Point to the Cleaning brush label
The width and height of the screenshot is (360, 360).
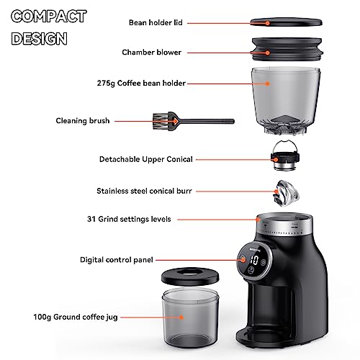click(x=83, y=121)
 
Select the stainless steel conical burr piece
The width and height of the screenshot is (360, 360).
click(x=287, y=193)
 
